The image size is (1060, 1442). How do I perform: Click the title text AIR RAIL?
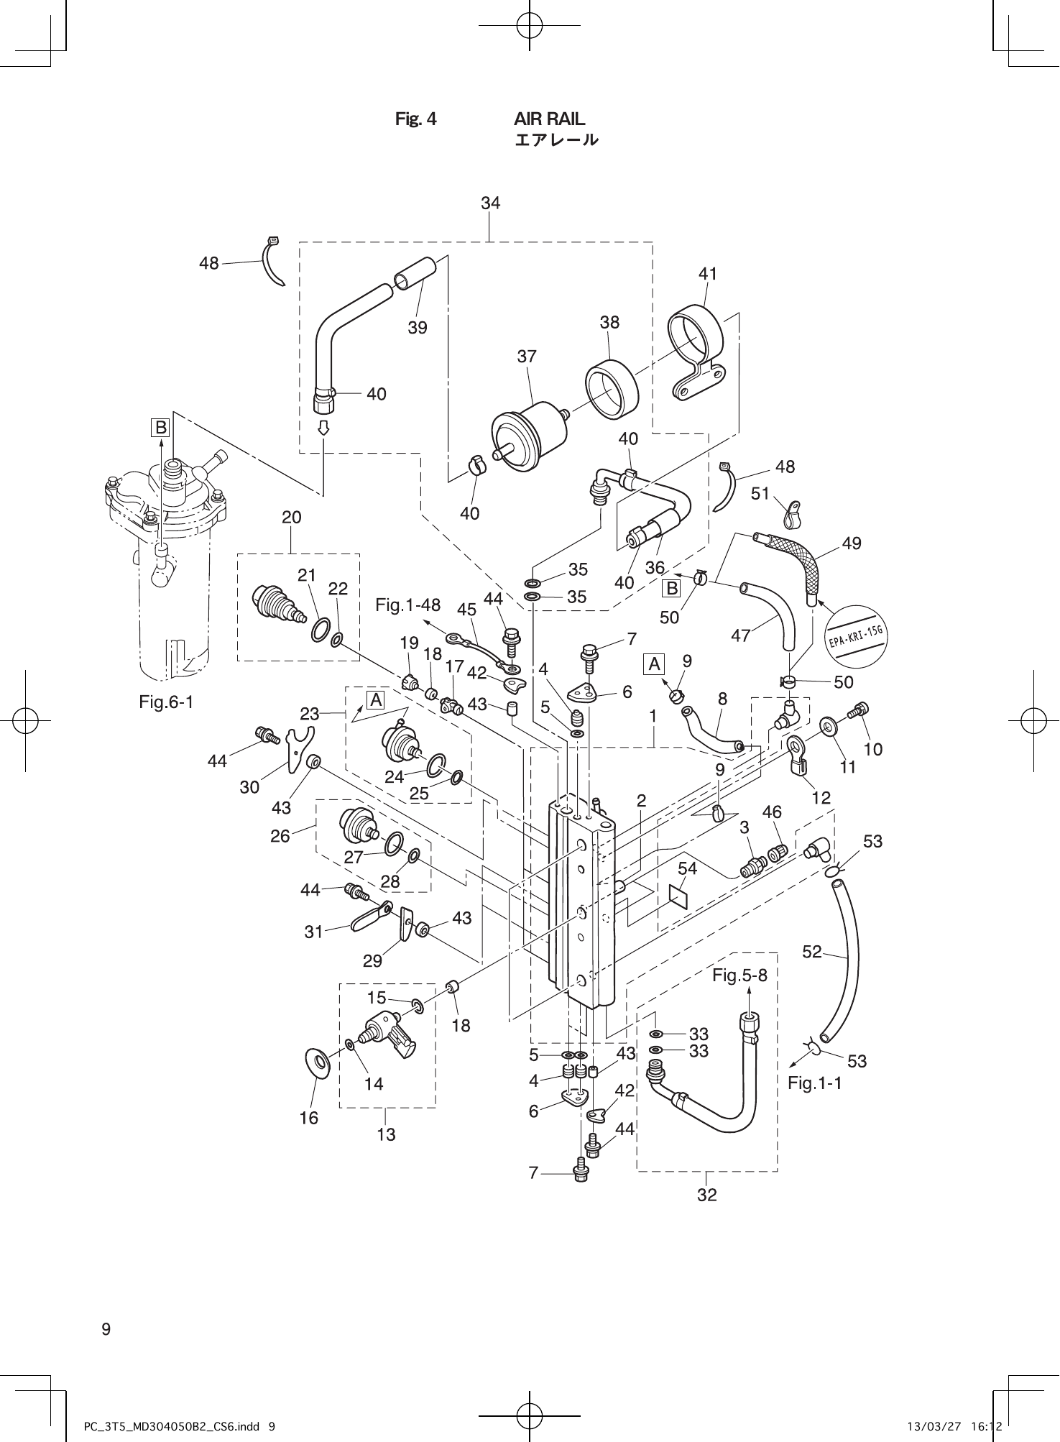(549, 119)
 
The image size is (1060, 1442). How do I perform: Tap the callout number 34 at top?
(490, 203)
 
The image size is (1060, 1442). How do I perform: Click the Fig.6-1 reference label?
(166, 701)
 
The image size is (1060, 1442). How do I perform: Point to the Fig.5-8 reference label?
(739, 975)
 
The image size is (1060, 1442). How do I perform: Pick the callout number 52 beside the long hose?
(811, 951)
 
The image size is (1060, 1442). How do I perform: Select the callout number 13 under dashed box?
(386, 1134)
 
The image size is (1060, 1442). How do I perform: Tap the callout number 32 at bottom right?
(706, 1195)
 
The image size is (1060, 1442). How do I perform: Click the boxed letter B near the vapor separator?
(160, 428)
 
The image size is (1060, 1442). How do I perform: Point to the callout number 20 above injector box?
(291, 517)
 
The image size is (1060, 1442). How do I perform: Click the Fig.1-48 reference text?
(407, 605)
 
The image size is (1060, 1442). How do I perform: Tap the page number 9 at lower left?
(106, 1329)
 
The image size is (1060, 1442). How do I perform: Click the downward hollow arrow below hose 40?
(323, 428)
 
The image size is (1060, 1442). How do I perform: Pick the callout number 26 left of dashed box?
(280, 835)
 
